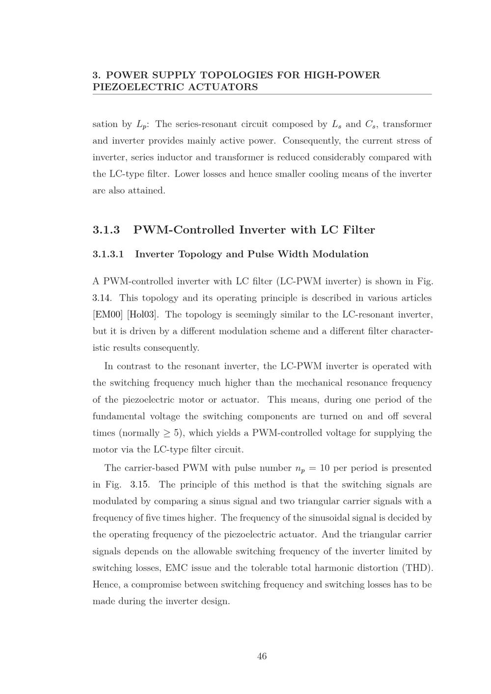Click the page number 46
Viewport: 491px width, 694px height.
(262, 656)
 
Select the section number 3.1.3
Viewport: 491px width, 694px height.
(106, 230)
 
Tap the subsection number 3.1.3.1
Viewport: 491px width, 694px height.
(108, 254)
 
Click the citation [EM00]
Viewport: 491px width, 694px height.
(108, 314)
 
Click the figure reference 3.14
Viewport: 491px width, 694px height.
(101, 298)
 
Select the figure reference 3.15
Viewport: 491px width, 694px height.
(140, 485)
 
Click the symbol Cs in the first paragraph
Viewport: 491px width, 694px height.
(371, 125)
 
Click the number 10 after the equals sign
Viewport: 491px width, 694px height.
(324, 468)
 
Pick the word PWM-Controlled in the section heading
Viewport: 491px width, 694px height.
(184, 230)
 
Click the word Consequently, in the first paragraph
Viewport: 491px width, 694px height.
(311, 141)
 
